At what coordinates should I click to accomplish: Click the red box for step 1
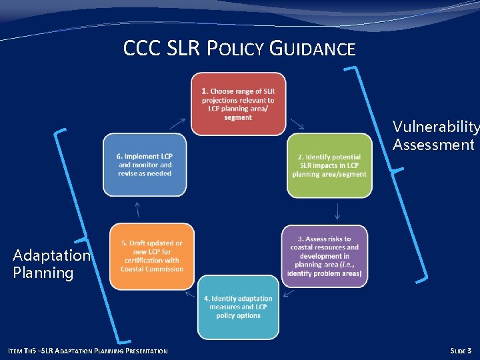tap(238, 103)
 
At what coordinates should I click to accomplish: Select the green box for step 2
tap(329, 165)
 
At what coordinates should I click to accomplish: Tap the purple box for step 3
tap(324, 256)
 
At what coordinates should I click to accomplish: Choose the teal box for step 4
tap(238, 307)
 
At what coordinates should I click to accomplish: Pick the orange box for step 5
tap(151, 256)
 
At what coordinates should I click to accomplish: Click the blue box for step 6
tap(145, 165)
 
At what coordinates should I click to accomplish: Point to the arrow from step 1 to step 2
tap(297, 124)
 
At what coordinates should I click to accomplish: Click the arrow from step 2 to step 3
tap(337, 211)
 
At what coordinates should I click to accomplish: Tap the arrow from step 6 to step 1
tap(178, 123)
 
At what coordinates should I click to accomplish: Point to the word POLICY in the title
tap(234, 49)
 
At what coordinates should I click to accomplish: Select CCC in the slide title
tap(141, 49)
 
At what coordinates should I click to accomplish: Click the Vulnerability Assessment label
tap(435, 135)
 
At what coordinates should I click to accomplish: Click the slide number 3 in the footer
tap(469, 351)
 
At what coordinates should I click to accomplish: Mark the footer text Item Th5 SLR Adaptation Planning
tap(87, 351)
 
